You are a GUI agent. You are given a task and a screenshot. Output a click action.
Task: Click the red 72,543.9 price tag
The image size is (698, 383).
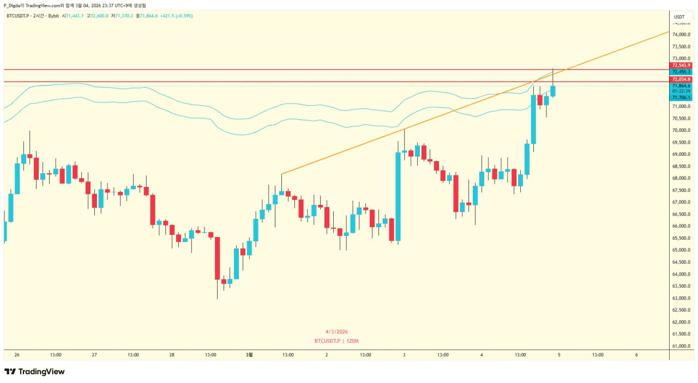[681, 65]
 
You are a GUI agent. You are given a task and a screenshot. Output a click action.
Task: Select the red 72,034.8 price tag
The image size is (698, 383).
[681, 80]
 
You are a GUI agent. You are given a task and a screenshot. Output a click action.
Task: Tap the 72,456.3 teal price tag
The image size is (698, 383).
[681, 72]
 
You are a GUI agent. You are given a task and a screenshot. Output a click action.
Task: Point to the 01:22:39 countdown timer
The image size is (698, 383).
[681, 91]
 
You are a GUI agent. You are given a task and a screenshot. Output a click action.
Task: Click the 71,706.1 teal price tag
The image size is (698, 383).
[681, 98]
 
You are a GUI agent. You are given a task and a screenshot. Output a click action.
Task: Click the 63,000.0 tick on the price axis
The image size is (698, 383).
[681, 298]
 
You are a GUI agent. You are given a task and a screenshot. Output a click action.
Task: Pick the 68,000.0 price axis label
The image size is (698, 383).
[681, 178]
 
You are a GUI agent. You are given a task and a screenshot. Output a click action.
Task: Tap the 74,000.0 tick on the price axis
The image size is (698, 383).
[681, 34]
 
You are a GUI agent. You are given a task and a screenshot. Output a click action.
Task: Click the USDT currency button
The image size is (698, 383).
[679, 17]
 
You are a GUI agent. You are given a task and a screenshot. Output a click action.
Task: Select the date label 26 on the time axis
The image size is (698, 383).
[17, 355]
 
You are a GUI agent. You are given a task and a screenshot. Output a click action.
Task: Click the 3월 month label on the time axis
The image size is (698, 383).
[249, 355]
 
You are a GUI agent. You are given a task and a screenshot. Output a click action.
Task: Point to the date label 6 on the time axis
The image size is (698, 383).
[636, 355]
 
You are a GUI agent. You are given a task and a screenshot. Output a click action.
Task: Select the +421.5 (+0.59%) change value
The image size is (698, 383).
[176, 16]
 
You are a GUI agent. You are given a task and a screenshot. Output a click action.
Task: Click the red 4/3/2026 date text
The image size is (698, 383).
[336, 332]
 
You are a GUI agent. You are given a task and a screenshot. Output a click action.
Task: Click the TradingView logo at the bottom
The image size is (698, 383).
[34, 372]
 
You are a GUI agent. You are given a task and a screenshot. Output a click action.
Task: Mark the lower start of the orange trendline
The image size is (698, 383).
[282, 174]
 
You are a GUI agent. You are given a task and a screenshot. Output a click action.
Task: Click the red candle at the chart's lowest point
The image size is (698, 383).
[218, 258]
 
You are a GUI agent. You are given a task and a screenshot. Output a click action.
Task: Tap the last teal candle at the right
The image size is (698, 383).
[553, 91]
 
